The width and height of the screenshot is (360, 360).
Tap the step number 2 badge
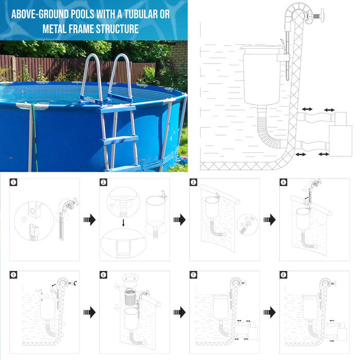pyautogui.click(x=104, y=182)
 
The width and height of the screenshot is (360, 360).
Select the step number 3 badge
pyautogui.click(x=193, y=182)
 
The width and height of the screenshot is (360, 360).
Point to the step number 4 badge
pyautogui.click(x=283, y=182)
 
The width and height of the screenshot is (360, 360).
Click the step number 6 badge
pyautogui.click(x=104, y=275)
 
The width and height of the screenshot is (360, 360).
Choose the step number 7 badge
pyautogui.click(x=193, y=275)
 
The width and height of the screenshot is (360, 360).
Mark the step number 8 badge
pyautogui.click(x=283, y=275)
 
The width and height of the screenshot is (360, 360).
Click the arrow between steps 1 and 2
pyautogui.click(x=89, y=220)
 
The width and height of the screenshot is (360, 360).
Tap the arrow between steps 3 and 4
pyautogui.click(x=269, y=220)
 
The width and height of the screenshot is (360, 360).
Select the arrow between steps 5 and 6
pyautogui.click(x=89, y=312)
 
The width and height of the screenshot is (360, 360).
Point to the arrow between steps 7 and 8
pyautogui.click(x=269, y=312)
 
